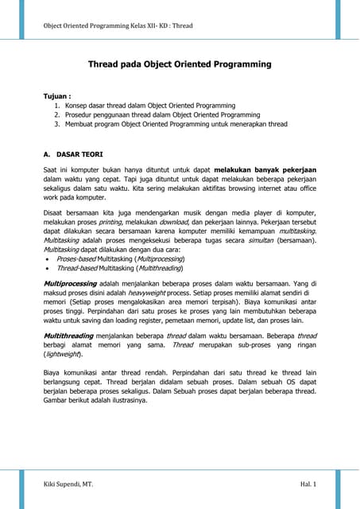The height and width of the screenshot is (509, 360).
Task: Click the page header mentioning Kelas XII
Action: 118,25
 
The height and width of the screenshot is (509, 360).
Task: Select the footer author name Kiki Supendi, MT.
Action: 70,484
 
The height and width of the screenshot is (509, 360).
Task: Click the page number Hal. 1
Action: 309,484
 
